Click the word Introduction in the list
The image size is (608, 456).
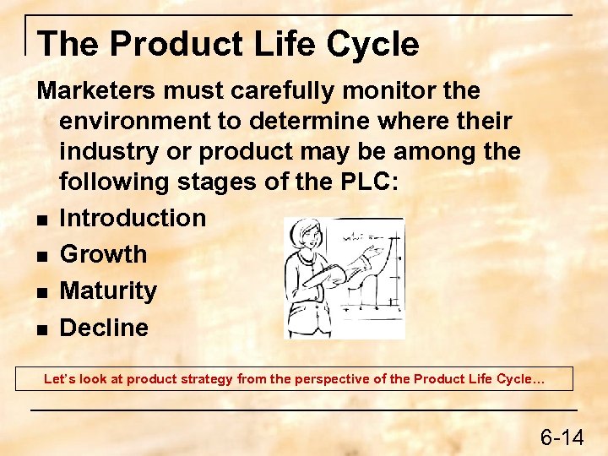pos(133,218)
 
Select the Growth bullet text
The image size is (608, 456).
pos(103,254)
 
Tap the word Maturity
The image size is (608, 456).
pos(108,291)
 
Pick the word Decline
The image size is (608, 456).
pos(104,328)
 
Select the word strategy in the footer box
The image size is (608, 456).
pos(206,379)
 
